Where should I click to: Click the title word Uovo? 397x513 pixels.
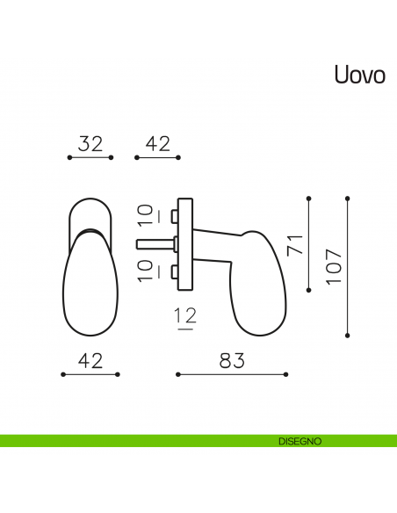point(358,74)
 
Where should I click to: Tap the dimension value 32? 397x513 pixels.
point(90,144)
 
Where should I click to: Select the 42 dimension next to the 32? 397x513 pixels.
point(157,144)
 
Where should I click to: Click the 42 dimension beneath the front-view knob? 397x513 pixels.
point(90,360)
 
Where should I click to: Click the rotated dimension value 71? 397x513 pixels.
point(295,244)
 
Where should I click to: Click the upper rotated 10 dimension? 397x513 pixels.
point(146,215)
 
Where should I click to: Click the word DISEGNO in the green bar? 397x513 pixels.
point(299,440)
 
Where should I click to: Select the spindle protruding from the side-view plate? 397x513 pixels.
point(155,242)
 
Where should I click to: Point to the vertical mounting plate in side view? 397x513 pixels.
point(184,242)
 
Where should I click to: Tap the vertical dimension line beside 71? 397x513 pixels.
point(309,243)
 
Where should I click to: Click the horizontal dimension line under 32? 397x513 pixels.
point(90,158)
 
